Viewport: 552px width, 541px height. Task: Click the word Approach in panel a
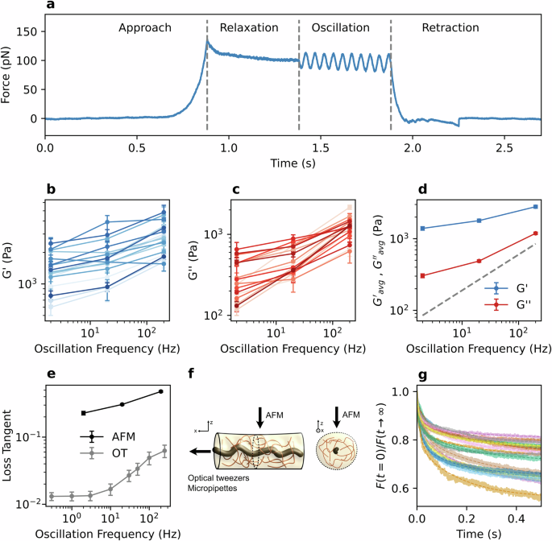tap(145, 28)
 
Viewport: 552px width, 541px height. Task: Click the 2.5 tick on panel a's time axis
tap(505, 148)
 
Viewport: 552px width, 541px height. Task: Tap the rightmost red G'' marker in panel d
tap(535, 233)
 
